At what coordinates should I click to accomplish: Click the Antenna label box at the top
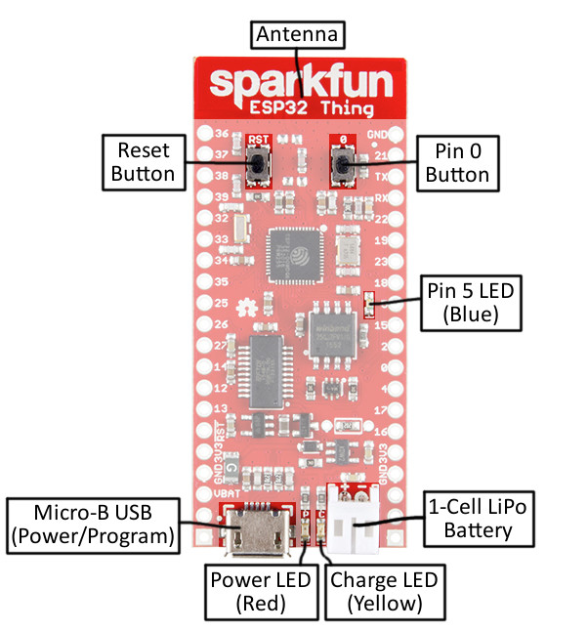click(x=298, y=35)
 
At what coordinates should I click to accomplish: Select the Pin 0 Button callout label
click(x=456, y=162)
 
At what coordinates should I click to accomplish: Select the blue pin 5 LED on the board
click(x=369, y=306)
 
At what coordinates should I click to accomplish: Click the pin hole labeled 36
click(x=205, y=133)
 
